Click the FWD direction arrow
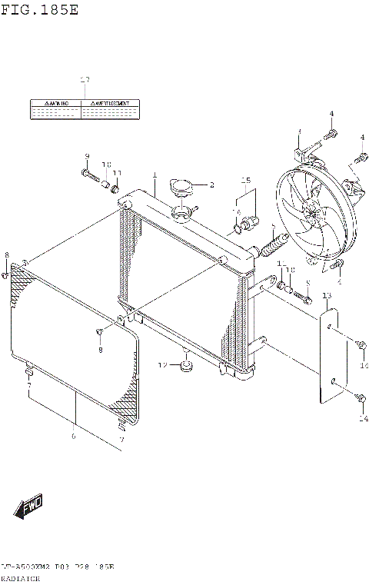pos(28,507)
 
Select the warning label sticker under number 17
pos(85,109)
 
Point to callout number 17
pos(85,81)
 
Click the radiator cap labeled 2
pos(181,187)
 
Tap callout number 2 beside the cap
pos(211,184)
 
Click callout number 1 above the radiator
pos(155,175)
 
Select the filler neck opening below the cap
pos(183,211)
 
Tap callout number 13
pos(327,296)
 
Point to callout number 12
pos(163,364)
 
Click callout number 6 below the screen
pos(75,437)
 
